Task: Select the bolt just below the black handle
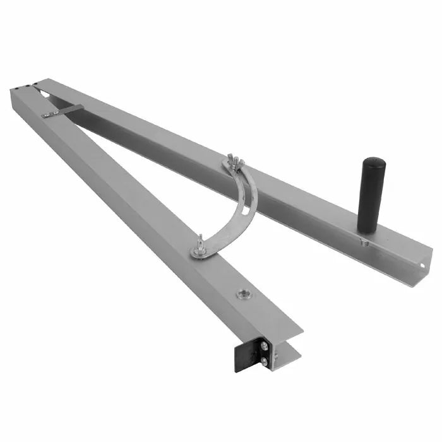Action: point(364,241)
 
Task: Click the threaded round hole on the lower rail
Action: point(243,294)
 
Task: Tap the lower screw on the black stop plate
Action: point(263,361)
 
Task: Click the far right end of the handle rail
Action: point(424,265)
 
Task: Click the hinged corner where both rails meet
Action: point(25,88)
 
